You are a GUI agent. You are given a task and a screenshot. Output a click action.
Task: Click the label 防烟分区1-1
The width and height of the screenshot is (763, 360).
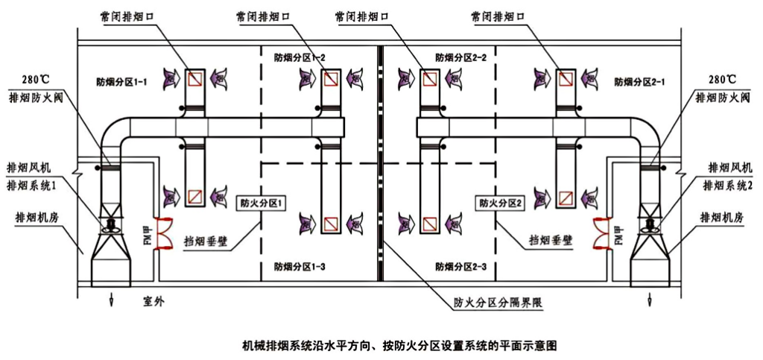point(122,80)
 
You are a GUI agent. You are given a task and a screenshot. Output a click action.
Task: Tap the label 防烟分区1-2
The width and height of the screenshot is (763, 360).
point(300,57)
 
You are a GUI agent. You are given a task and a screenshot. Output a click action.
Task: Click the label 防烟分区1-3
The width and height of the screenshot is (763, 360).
point(300,265)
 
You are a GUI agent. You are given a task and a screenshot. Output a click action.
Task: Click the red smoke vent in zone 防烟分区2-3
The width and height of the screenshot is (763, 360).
point(428,221)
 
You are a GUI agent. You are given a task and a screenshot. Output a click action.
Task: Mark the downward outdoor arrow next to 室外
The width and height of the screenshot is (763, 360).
point(111,299)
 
